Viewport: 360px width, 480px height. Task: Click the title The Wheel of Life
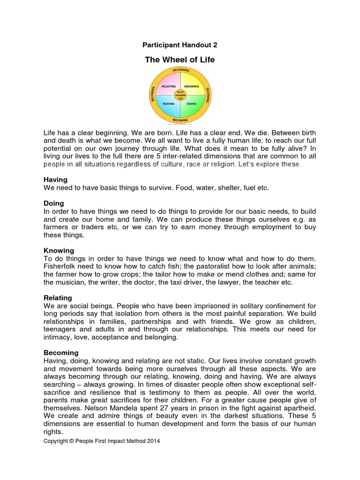[x=180, y=60]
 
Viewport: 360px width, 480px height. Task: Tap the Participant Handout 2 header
[x=180, y=45]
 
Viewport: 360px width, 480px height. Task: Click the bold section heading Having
[x=55, y=180]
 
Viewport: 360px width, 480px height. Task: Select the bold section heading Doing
[x=54, y=203]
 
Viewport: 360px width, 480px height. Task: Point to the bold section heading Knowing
[x=59, y=251]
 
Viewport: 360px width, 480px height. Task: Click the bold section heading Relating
[x=58, y=298]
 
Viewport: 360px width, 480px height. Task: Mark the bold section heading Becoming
[x=61, y=352]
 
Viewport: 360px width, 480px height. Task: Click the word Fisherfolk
[x=60, y=266]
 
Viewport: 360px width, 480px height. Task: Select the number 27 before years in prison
[x=161, y=408]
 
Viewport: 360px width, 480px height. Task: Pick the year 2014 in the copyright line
[x=153, y=441]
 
